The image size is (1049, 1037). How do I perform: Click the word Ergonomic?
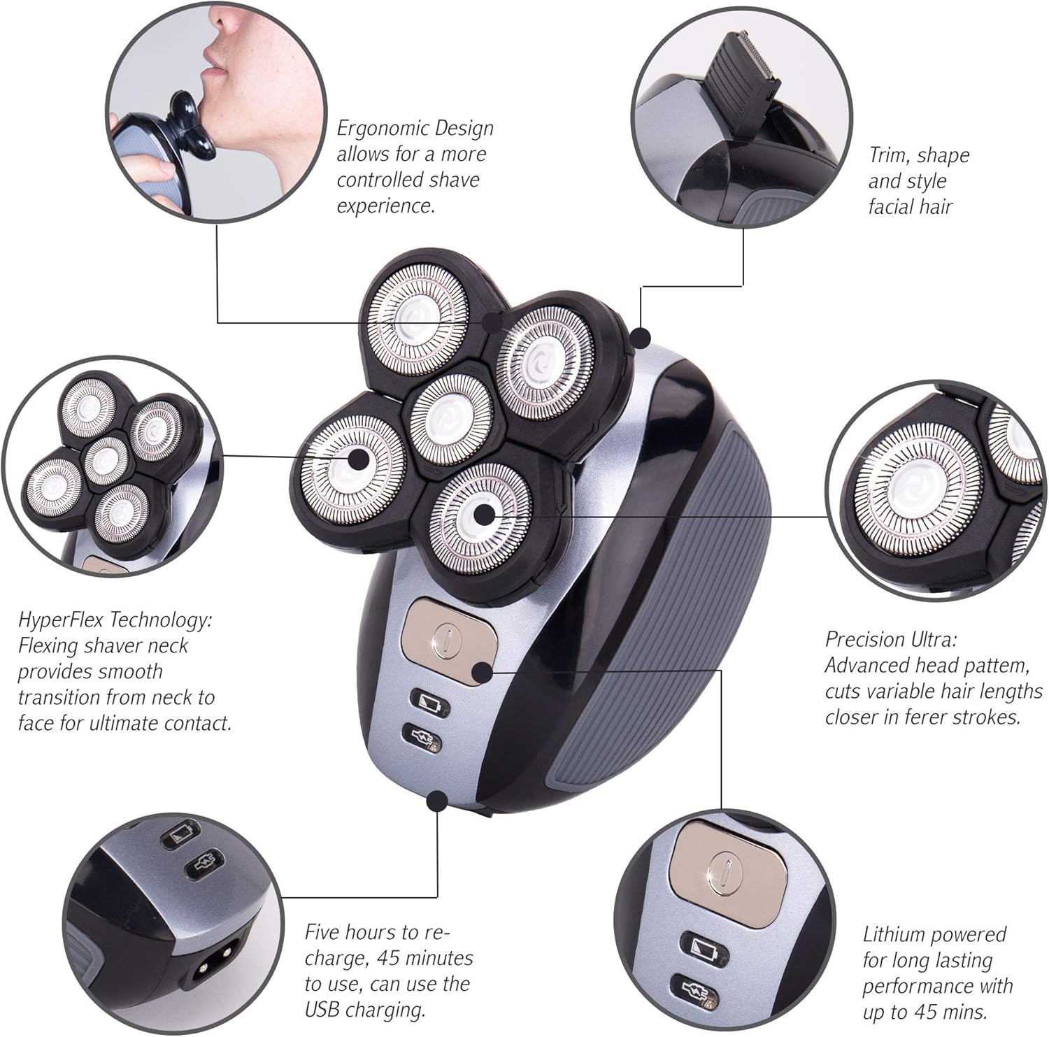(x=373, y=129)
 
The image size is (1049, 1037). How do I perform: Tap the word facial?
(x=892, y=207)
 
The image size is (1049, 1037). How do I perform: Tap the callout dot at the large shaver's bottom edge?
(x=438, y=800)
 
